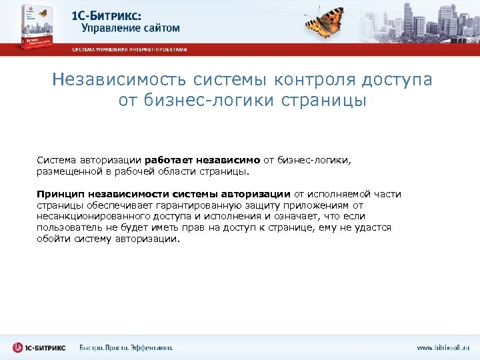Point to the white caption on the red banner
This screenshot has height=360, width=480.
(129, 49)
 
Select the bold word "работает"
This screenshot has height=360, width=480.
(169, 159)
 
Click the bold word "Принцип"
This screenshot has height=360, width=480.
(58, 193)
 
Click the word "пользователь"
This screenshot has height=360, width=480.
(67, 227)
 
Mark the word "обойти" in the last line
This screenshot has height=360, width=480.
(53, 239)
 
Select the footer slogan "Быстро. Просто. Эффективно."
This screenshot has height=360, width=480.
(126, 347)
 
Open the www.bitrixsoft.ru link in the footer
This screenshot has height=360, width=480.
(443, 347)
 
